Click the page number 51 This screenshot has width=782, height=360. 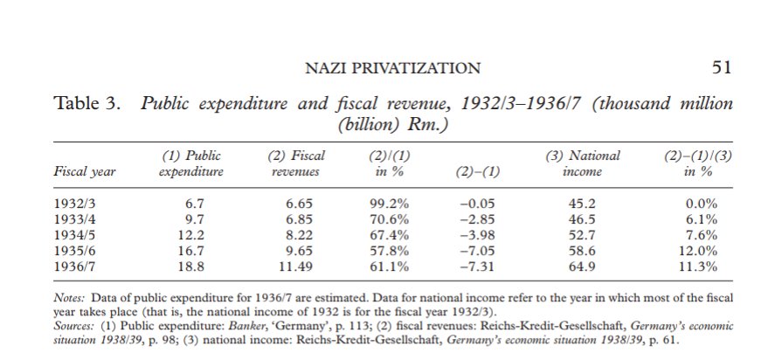(722, 68)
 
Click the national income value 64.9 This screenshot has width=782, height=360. (585, 265)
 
